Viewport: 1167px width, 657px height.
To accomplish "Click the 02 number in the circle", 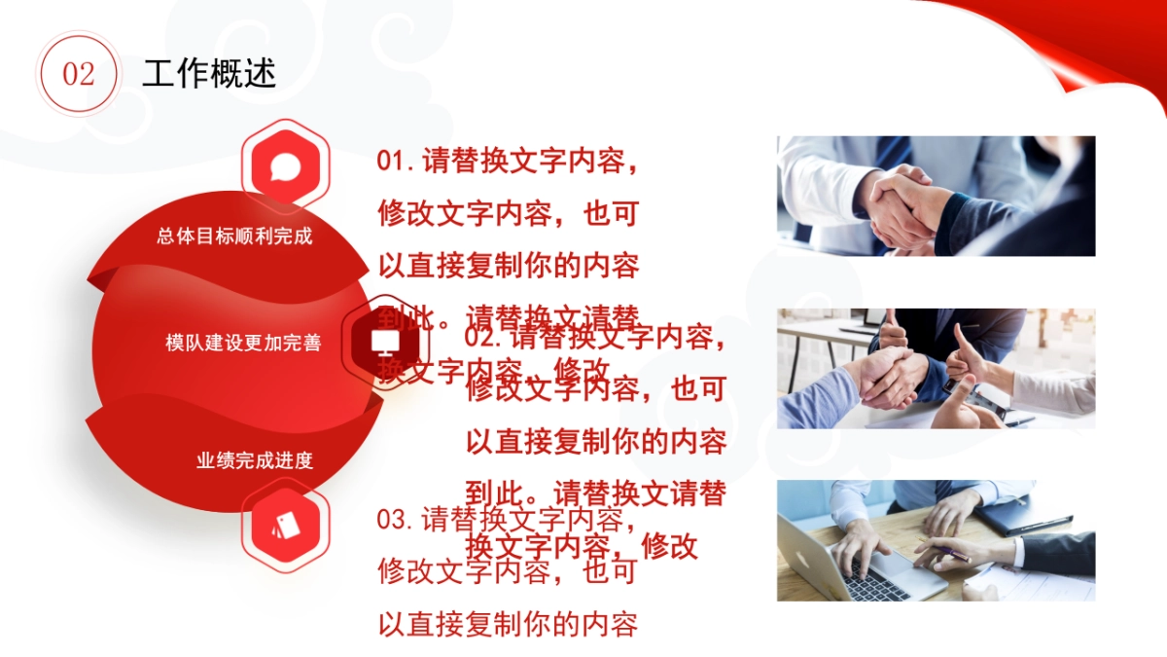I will (x=79, y=75).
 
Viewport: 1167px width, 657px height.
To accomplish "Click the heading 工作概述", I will (x=209, y=73).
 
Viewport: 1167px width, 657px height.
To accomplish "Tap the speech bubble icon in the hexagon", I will (x=285, y=166).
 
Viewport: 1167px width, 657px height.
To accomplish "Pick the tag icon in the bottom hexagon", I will (x=285, y=527).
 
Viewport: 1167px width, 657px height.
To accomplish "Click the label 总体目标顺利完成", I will (x=234, y=236).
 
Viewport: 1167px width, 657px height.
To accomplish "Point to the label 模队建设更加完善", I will (x=243, y=343).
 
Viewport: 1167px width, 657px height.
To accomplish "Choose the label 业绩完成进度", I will (x=255, y=460).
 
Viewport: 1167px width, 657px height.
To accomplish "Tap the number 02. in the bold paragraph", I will (x=484, y=338).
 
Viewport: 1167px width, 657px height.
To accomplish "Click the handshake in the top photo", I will (x=900, y=204).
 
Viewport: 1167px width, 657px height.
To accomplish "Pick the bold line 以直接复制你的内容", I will (x=596, y=442).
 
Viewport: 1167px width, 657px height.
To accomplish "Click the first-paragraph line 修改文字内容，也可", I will (x=507, y=212).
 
